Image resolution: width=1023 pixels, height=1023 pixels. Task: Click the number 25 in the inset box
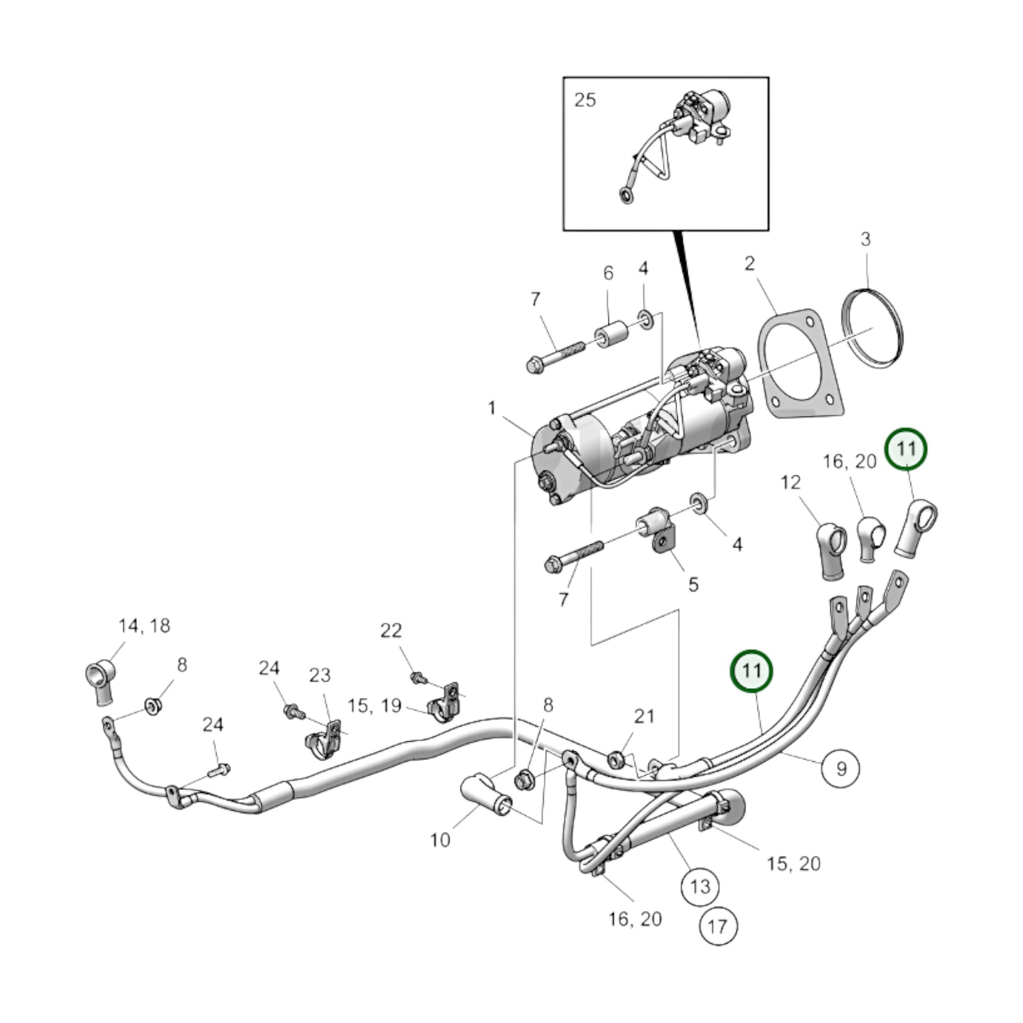pyautogui.click(x=585, y=99)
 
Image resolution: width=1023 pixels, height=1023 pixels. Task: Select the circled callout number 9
pyautogui.click(x=841, y=769)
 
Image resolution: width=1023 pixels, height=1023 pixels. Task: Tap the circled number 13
pyautogui.click(x=700, y=886)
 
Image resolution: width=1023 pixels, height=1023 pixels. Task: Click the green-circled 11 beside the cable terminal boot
pyautogui.click(x=906, y=449)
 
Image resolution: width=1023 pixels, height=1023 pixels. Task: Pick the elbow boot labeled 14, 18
pyautogui.click(x=100, y=680)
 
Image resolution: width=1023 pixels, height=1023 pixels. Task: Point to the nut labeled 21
pyautogui.click(x=616, y=761)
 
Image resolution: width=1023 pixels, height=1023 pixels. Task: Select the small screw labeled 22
pyautogui.click(x=418, y=677)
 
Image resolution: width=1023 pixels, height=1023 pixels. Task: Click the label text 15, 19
pyautogui.click(x=375, y=706)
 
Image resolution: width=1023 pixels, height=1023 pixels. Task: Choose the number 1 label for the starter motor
pyautogui.click(x=492, y=408)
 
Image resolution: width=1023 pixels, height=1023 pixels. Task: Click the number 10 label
pyautogui.click(x=440, y=839)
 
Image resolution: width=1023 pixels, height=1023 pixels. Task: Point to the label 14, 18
pyautogui.click(x=144, y=626)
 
